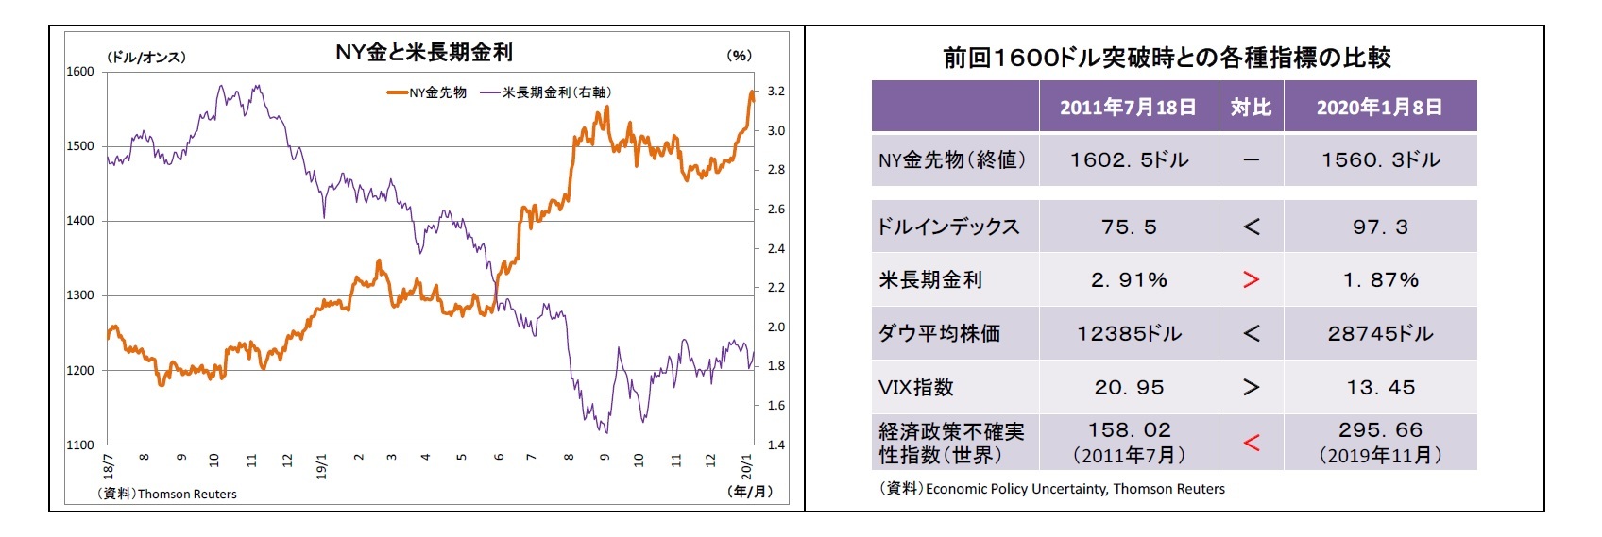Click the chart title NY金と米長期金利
[x=424, y=53]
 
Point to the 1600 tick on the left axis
[x=80, y=72]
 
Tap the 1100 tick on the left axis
[x=80, y=445]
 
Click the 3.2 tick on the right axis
[x=775, y=92]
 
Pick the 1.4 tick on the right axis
[x=775, y=445]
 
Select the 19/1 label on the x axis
[x=322, y=465]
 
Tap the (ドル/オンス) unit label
[x=145, y=57]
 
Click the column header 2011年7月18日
[x=1128, y=108]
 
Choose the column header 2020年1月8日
[x=1379, y=108]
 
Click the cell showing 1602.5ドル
[x=1128, y=160]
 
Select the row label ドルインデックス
[x=948, y=227]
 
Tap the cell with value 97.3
[x=1379, y=227]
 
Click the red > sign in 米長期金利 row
[x=1251, y=280]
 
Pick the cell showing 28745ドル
[x=1379, y=334]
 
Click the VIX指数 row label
[x=916, y=388]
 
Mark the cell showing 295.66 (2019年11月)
[x=1379, y=442]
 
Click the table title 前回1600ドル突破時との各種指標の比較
[x=1167, y=59]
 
